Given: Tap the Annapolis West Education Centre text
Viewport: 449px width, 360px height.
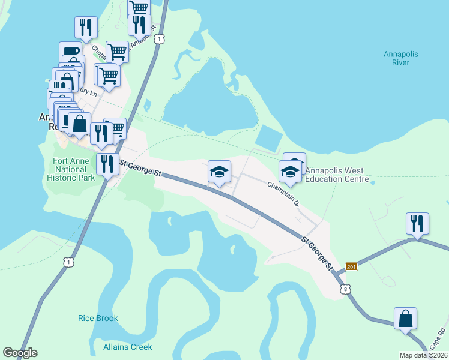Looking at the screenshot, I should point(336,175).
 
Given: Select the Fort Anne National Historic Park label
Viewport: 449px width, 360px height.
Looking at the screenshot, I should point(74,170).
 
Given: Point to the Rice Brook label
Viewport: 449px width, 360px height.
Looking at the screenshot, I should point(98,318).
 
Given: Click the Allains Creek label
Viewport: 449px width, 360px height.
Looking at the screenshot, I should point(127,347).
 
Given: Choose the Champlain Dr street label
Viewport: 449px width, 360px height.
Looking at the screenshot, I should point(283,193).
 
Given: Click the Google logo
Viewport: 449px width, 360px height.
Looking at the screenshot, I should point(20,353).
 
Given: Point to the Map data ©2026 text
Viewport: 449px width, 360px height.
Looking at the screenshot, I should point(423,355).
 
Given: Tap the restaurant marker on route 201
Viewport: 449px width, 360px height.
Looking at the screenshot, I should point(417,224).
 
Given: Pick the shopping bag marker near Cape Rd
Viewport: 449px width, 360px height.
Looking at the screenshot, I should point(405,319).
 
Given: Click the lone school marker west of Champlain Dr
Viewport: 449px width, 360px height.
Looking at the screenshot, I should point(219,172).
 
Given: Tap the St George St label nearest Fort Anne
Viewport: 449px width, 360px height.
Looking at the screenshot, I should point(142,167).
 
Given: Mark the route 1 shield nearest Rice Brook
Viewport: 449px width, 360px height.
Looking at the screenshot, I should point(70,263).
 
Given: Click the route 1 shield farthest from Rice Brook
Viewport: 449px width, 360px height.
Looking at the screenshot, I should point(158,38).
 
